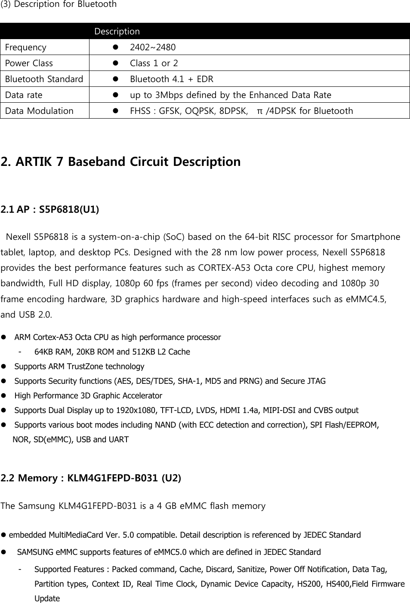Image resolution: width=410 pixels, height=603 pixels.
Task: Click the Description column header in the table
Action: click(x=117, y=31)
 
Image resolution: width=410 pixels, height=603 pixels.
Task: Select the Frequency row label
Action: click(x=26, y=47)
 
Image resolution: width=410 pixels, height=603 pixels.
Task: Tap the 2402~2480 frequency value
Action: click(x=153, y=47)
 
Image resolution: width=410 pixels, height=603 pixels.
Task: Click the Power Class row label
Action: click(x=29, y=63)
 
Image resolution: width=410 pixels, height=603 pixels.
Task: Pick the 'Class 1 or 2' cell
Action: click(x=154, y=63)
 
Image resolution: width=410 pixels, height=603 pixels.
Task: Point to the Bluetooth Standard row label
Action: click(x=44, y=79)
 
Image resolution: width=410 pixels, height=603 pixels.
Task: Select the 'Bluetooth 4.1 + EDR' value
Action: click(x=171, y=79)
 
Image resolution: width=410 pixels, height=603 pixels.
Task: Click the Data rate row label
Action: click(x=24, y=95)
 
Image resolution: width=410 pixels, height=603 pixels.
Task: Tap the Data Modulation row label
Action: click(x=39, y=111)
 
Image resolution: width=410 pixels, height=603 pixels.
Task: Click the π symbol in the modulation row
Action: click(x=259, y=111)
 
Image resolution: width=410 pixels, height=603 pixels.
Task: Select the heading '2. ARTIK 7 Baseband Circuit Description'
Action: click(x=121, y=162)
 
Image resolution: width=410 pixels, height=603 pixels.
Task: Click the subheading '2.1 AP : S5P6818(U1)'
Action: click(x=50, y=210)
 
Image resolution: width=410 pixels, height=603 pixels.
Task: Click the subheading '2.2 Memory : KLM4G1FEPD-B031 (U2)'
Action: click(x=91, y=478)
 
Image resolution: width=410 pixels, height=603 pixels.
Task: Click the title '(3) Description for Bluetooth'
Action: click(x=59, y=4)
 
